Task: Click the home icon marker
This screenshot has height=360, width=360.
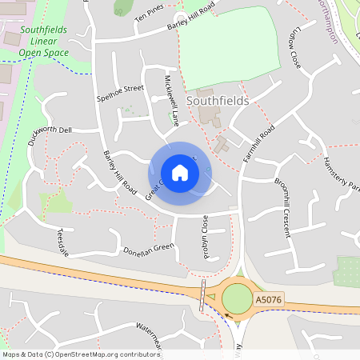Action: pyautogui.click(x=180, y=172)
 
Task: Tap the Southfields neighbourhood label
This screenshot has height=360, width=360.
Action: pyautogui.click(x=217, y=102)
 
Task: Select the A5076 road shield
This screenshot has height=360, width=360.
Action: pyautogui.click(x=267, y=299)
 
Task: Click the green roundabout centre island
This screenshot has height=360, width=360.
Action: pyautogui.click(x=236, y=299)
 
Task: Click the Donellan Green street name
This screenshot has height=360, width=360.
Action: pyautogui.click(x=149, y=249)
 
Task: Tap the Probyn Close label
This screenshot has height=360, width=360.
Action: pyautogui.click(x=205, y=233)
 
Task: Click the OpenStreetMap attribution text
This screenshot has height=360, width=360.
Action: pyautogui.click(x=80, y=354)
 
